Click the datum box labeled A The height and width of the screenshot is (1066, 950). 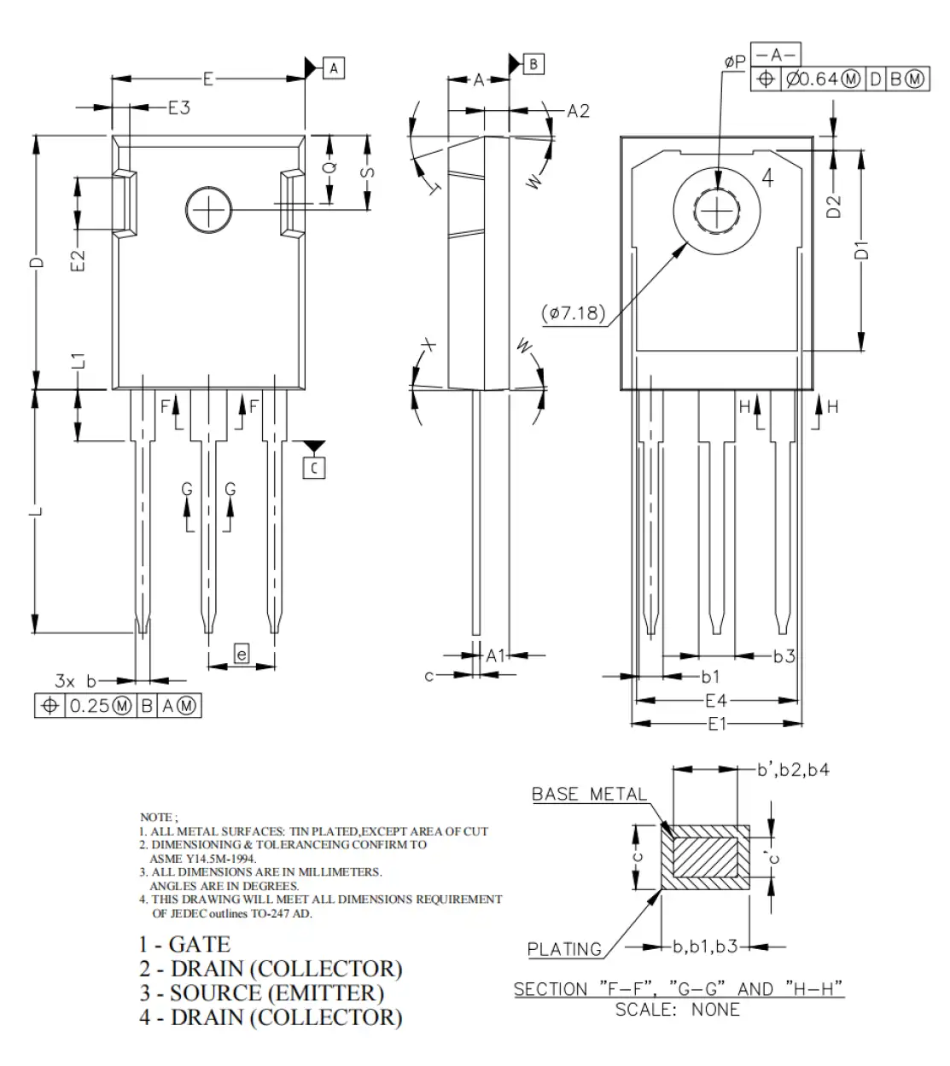click(334, 67)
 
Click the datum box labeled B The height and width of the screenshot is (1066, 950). click(533, 63)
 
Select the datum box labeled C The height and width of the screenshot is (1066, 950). click(314, 468)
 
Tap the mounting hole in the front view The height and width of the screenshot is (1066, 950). click(208, 208)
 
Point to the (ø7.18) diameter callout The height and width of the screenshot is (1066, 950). click(573, 313)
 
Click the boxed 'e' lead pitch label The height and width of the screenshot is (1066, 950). click(242, 655)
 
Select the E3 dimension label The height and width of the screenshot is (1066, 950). click(178, 108)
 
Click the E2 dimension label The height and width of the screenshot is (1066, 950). click(78, 260)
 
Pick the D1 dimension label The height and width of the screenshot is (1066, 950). click(862, 250)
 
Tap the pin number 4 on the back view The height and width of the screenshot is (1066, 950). click(767, 178)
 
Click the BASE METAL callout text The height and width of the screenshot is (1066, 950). click(589, 795)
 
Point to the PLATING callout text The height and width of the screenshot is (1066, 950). click(564, 949)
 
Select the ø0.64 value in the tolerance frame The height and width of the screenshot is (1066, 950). click(811, 79)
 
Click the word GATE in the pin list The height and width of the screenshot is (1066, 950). click(200, 945)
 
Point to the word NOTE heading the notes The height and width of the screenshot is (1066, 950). click(155, 818)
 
